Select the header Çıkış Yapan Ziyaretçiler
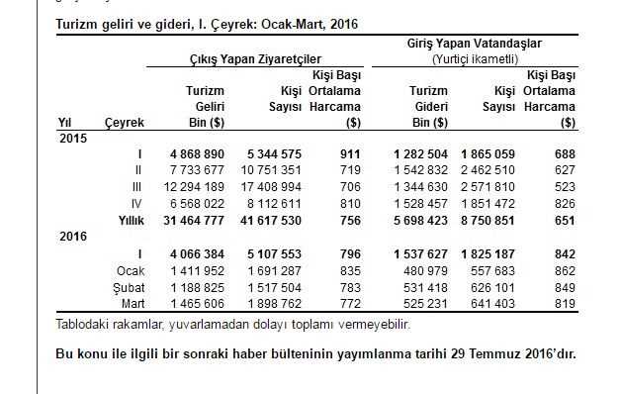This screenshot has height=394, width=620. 256,59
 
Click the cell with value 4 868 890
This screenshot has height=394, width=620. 197,154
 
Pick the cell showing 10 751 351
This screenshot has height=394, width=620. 267,170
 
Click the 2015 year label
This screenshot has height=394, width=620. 73,138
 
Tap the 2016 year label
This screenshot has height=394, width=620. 73,237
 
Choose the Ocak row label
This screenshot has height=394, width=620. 132,270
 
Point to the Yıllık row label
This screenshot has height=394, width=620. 128,219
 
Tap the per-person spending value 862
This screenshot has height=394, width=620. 565,270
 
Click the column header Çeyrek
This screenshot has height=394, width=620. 125,122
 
